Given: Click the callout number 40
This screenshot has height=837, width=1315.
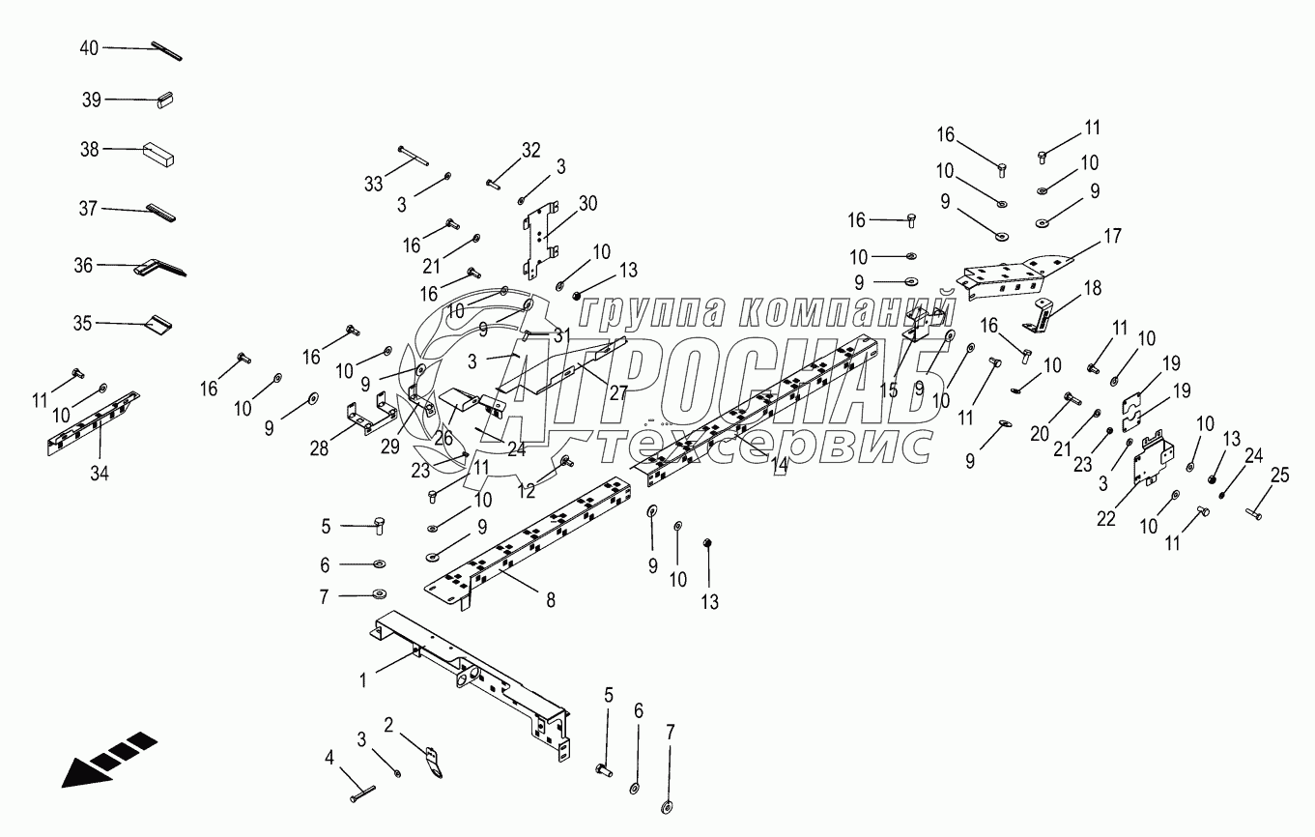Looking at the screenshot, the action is [89, 46].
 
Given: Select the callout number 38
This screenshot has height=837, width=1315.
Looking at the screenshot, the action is [89, 150].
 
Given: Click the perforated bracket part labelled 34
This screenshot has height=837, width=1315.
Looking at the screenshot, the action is [93, 423].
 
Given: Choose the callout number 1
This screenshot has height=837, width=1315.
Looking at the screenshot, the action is [363, 680].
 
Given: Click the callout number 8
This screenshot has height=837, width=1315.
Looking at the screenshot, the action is [550, 599].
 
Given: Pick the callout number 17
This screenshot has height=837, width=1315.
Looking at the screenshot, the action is [1113, 235].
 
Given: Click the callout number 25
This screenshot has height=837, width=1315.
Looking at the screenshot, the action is [1279, 475].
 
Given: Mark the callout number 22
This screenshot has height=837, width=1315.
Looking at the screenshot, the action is [1106, 518].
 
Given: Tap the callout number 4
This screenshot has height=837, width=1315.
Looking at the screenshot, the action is [329, 758].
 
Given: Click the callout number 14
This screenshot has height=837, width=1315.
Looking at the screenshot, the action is [780, 464].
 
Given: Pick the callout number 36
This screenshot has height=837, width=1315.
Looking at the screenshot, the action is [83, 265].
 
